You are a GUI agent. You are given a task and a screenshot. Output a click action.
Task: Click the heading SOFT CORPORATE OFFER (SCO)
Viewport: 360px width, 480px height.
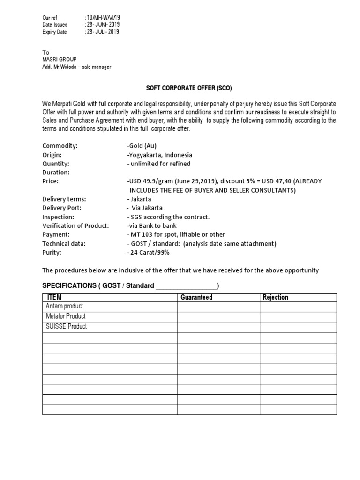click(x=190, y=88)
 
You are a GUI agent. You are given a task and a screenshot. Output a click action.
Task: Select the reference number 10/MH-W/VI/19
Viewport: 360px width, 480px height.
click(x=102, y=17)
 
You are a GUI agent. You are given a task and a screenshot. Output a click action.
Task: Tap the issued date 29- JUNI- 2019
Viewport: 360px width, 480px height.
click(x=102, y=24)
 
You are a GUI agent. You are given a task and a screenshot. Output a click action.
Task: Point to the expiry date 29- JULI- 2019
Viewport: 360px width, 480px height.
click(x=102, y=32)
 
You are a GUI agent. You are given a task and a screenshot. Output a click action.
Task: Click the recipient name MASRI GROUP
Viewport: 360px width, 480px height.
click(x=60, y=60)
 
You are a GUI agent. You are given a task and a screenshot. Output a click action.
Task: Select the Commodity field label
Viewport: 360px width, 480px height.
click(x=60, y=146)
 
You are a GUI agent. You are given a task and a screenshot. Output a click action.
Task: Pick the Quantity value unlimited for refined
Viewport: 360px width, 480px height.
click(x=159, y=164)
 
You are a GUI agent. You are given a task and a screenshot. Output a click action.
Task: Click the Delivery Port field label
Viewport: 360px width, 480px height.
click(x=62, y=208)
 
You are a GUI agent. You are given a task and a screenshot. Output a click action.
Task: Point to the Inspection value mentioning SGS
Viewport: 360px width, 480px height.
click(x=168, y=217)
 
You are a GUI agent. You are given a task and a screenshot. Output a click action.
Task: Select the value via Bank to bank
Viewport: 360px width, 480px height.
click(x=152, y=225)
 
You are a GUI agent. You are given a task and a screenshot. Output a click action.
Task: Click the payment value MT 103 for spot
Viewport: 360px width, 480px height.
click(x=176, y=234)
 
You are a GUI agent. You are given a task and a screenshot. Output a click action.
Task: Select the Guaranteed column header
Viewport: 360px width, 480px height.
click(x=196, y=297)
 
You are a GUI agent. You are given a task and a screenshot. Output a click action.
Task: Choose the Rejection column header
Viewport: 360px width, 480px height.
click(x=275, y=297)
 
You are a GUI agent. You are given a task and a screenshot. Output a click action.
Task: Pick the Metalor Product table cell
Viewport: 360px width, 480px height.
click(x=66, y=316)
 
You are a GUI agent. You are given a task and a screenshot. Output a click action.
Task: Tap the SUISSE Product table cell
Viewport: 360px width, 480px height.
click(x=66, y=327)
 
